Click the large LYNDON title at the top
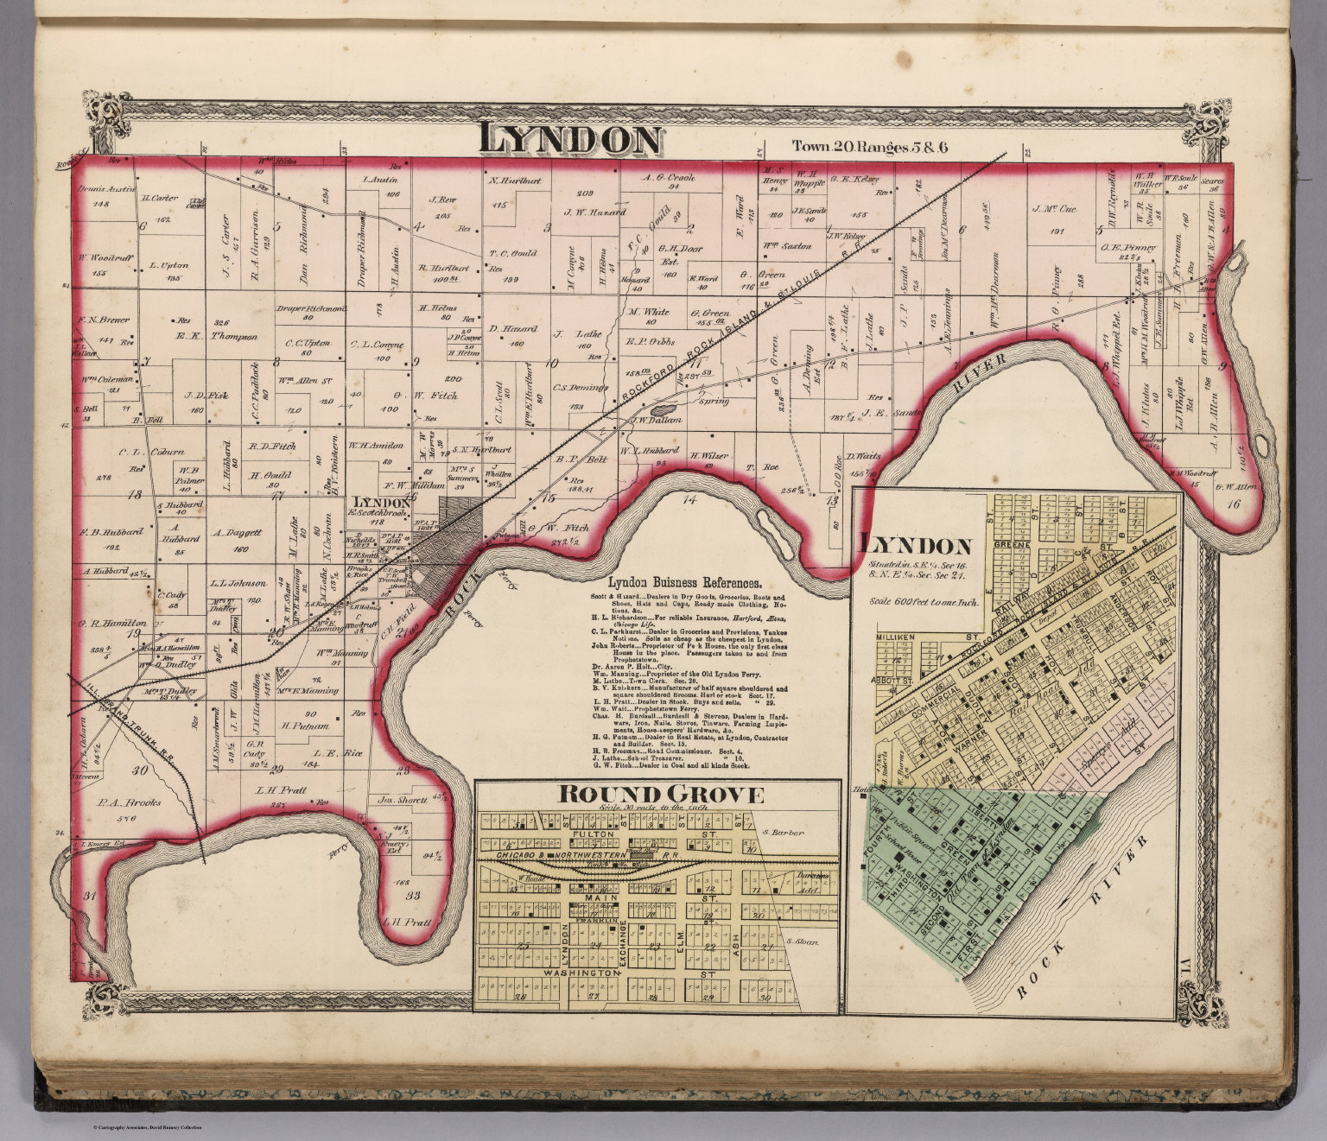(x=571, y=140)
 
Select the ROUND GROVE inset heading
(x=661, y=795)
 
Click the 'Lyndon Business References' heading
(x=683, y=582)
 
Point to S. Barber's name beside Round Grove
(x=784, y=833)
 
